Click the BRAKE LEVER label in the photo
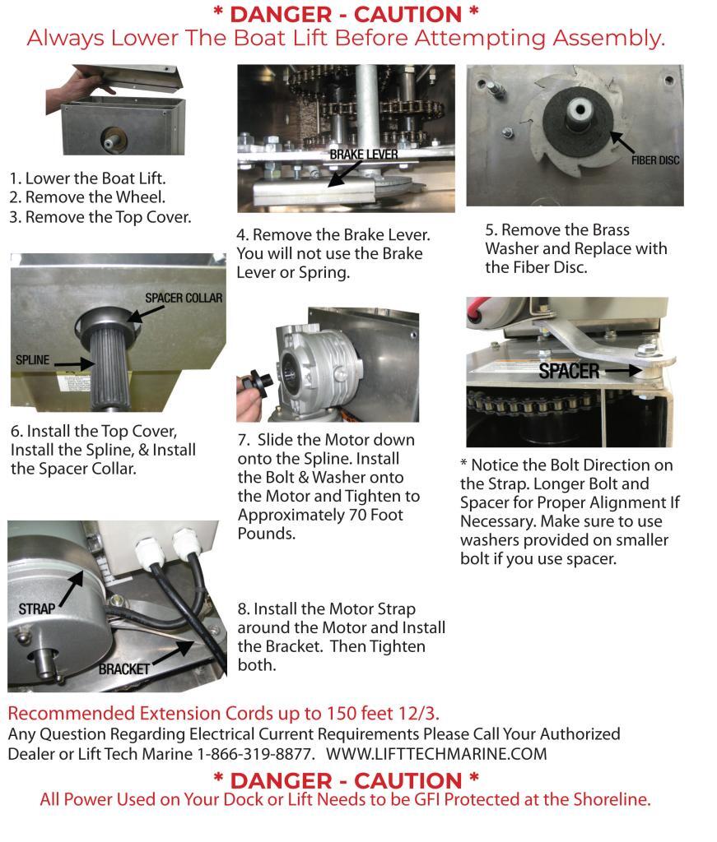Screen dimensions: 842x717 click(x=361, y=155)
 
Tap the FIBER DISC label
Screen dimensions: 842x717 click(x=655, y=160)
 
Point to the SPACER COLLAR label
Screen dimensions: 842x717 click(x=184, y=298)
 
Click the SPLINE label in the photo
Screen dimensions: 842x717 click(x=33, y=360)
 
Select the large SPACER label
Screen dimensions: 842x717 click(x=569, y=371)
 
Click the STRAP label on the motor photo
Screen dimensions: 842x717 click(x=36, y=609)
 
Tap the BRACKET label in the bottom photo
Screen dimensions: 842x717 click(x=124, y=669)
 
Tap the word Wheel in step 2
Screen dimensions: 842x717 click(x=141, y=197)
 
